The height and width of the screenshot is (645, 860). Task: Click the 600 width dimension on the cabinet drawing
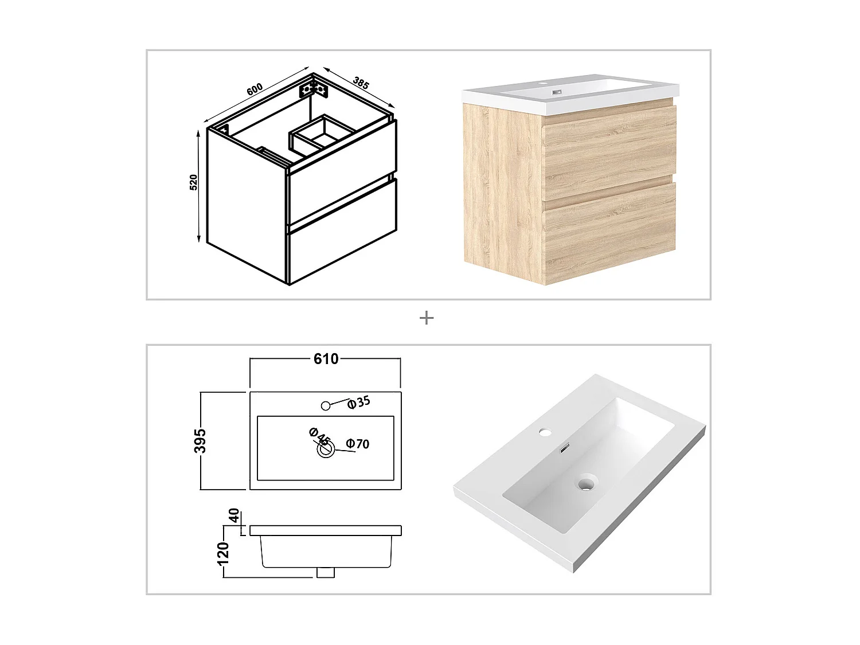pos(255,89)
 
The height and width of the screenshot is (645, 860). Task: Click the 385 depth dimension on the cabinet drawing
pos(361,83)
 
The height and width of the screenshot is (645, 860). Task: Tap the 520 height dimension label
pos(194,182)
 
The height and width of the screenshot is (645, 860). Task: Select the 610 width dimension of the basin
pos(326,359)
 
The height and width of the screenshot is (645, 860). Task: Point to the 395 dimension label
pos(200,440)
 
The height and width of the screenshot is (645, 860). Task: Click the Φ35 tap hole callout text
pos(358,402)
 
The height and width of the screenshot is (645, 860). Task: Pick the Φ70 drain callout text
pos(358,444)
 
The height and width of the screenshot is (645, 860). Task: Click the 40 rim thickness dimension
pos(234,515)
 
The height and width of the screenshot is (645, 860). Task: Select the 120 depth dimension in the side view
pos(222,554)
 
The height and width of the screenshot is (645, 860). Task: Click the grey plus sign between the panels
pos(427,318)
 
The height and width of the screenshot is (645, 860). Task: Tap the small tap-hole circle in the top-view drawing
pos(326,405)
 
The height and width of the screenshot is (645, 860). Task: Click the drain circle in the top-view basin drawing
pos(326,449)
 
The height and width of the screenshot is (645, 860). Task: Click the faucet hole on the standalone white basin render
pos(545,432)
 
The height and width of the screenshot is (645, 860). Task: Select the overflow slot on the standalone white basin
pos(565,447)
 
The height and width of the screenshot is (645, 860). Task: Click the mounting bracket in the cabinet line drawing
pos(312,90)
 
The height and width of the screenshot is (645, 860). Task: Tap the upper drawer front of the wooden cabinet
pos(609,152)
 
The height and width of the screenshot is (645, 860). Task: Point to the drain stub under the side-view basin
pos(326,573)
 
